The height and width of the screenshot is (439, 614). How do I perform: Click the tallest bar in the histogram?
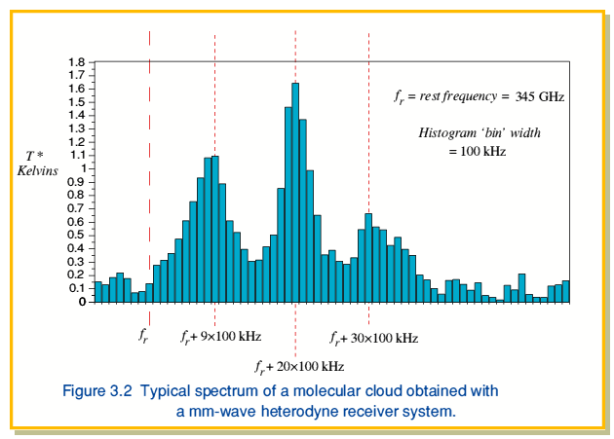[x=295, y=193]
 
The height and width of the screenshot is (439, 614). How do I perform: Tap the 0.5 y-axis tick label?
[x=76, y=235]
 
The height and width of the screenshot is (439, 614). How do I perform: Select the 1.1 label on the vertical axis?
[x=76, y=156]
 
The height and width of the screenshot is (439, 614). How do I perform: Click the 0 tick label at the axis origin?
[x=82, y=302]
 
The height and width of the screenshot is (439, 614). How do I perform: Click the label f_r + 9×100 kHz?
[x=221, y=337]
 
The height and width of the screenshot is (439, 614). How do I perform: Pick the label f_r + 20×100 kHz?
[x=299, y=367]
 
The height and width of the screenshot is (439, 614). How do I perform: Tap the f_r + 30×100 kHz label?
[x=374, y=338]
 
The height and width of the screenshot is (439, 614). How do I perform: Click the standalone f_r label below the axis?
[x=143, y=336]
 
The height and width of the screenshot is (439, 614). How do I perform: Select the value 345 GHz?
[x=540, y=96]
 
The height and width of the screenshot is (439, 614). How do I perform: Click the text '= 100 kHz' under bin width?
[x=478, y=151]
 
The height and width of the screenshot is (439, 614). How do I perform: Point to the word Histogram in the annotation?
[x=447, y=133]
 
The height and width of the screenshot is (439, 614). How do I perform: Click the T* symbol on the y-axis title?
[x=34, y=156]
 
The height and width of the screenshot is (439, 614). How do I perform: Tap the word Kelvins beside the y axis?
[x=38, y=170]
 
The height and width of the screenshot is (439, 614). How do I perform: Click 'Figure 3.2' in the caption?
[x=97, y=391]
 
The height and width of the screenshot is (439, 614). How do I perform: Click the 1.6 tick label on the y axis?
[x=76, y=89]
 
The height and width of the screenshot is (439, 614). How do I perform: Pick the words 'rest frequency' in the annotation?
[x=458, y=96]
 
